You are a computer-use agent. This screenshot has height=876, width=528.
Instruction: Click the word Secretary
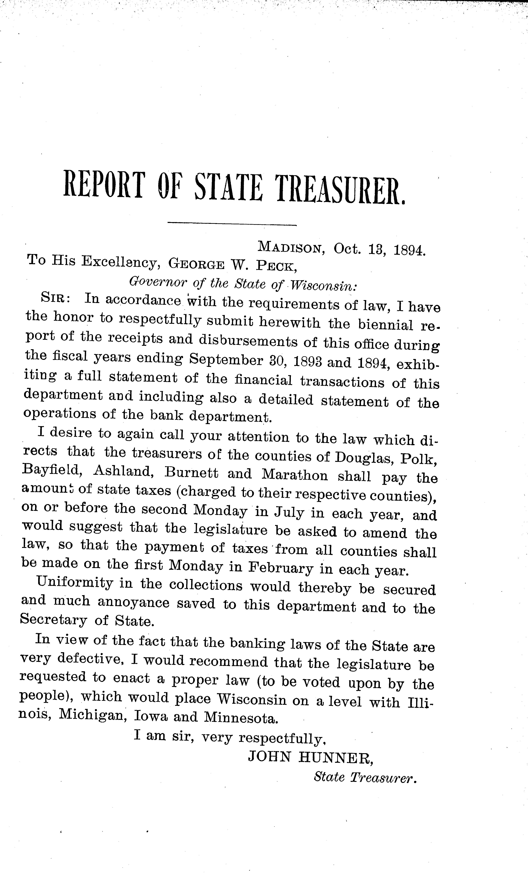tap(53, 620)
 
